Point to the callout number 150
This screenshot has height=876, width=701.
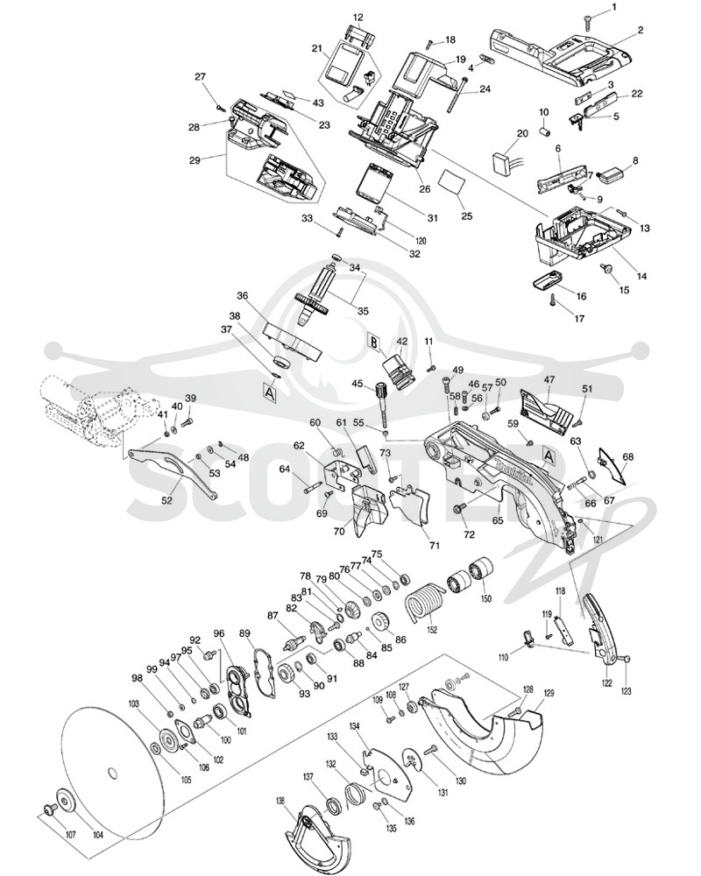point(485,599)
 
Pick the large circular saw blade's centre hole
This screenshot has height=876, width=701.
point(112,773)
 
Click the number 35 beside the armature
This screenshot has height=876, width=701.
point(363,311)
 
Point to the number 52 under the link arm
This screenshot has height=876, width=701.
point(167,501)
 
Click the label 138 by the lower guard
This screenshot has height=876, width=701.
point(280,801)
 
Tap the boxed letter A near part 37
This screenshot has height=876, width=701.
point(270,393)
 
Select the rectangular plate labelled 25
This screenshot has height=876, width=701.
point(451,182)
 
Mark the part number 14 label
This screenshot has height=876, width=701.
point(642,276)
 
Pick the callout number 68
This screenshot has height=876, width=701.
point(627,456)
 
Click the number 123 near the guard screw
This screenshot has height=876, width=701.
point(627,691)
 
